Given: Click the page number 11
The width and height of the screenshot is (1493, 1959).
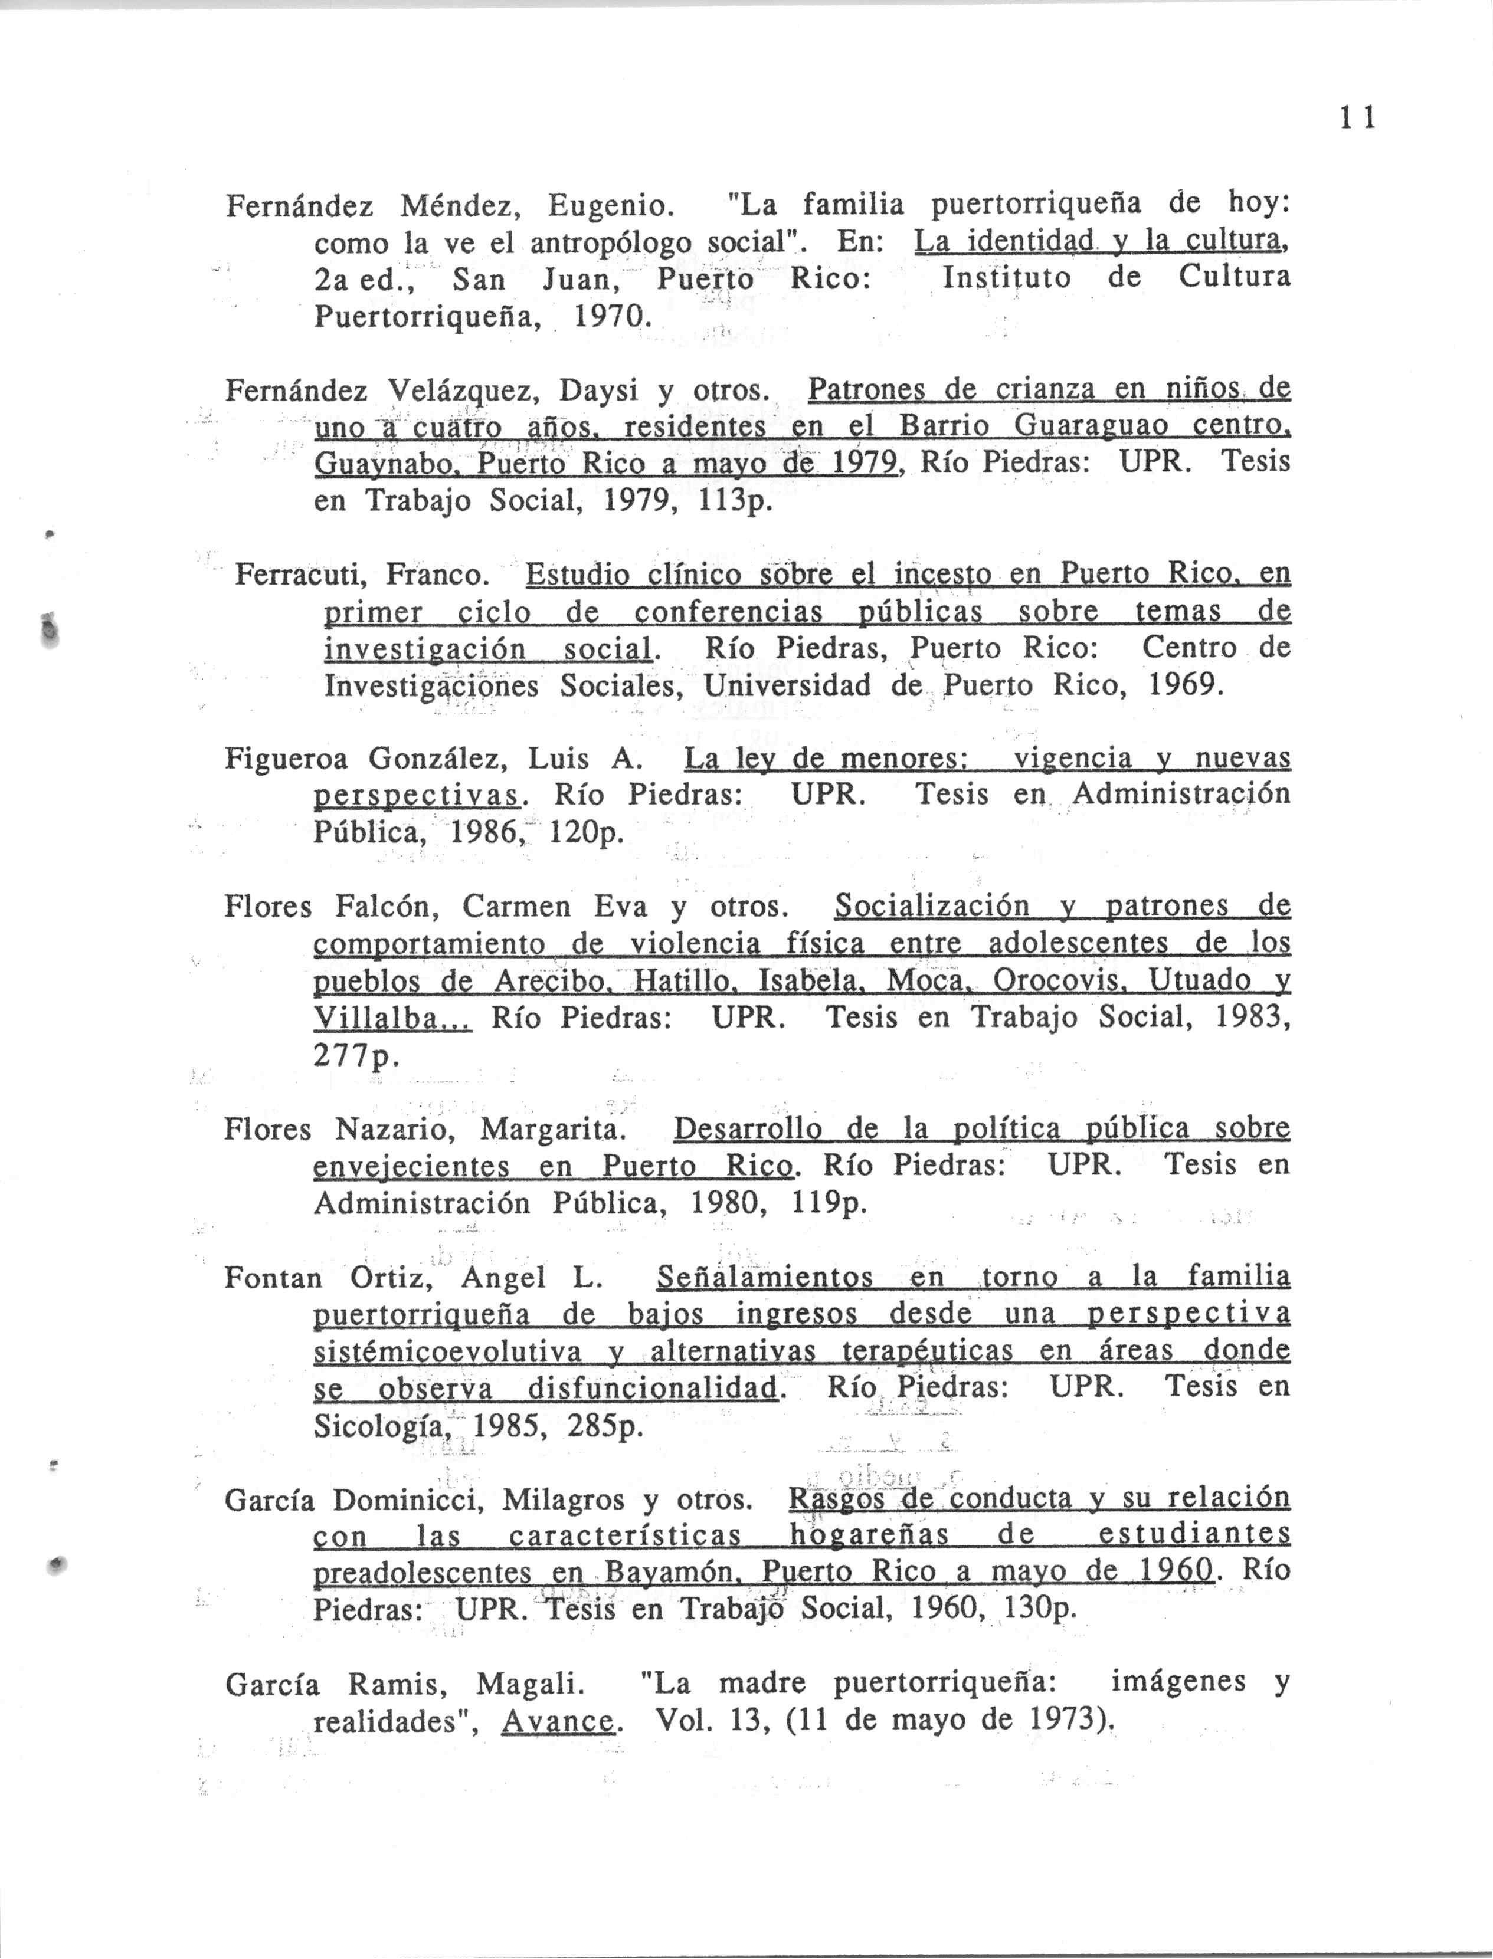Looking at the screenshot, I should (1358, 118).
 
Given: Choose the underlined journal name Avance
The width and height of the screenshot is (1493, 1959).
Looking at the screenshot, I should (557, 1722).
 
